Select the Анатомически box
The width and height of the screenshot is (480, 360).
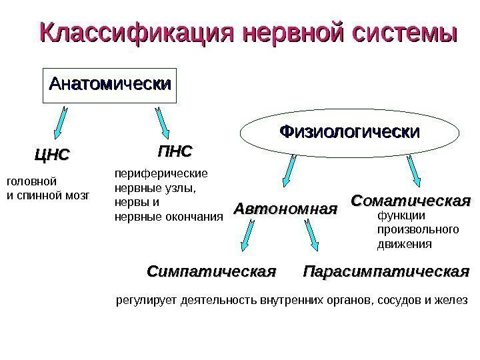click(110, 85)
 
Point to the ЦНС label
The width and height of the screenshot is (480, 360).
click(51, 155)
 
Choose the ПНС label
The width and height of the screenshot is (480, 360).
click(175, 151)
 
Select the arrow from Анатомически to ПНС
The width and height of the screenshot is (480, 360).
click(162, 122)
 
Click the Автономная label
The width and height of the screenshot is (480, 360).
click(285, 209)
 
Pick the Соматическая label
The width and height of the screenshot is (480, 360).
click(411, 200)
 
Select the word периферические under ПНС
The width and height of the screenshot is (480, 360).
click(161, 174)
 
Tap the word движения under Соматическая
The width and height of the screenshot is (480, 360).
click(405, 244)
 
